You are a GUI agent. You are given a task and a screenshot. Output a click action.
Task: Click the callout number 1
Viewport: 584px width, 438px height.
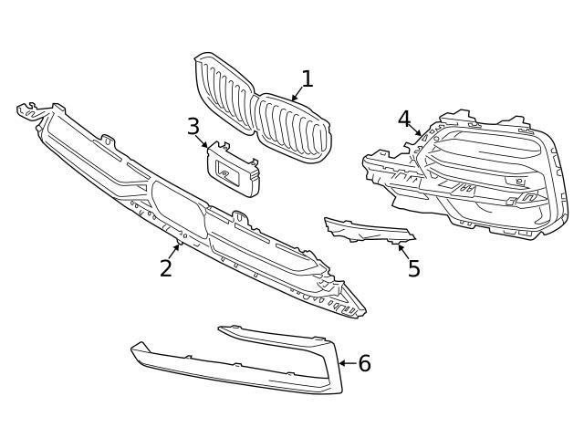308,79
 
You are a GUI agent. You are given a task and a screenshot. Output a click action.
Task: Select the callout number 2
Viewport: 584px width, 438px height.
165,268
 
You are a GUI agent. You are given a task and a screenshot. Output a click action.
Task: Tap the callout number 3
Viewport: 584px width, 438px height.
193,126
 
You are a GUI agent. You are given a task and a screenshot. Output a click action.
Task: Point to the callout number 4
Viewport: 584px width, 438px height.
404,118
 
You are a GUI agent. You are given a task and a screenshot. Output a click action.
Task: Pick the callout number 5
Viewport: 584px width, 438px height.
413,269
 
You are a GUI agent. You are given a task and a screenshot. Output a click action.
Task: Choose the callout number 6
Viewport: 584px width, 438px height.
364,364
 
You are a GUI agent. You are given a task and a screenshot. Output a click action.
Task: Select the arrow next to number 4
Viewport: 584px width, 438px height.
416,131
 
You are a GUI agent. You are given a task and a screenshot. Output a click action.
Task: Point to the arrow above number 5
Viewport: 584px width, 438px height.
402,248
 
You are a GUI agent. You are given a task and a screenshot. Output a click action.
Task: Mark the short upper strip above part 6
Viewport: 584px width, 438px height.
274,337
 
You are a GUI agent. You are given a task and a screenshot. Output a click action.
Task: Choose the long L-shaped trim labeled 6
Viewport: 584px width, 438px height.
237,370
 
